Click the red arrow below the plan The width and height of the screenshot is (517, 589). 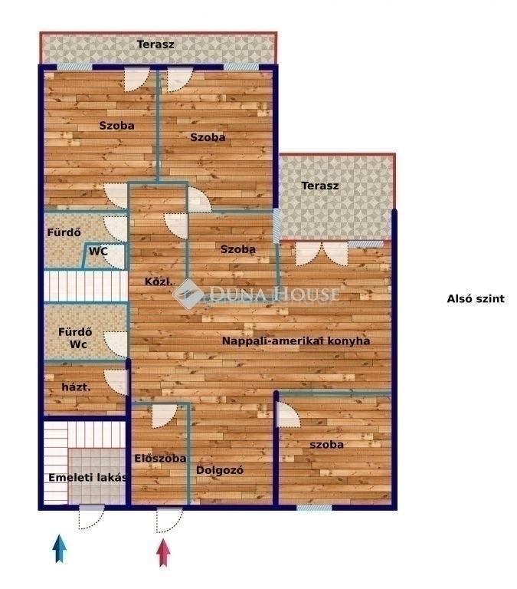tap(163, 552)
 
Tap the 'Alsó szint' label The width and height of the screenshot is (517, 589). tap(476, 299)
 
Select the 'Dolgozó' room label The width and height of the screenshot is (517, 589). tap(220, 470)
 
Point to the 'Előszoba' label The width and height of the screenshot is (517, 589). tap(160, 459)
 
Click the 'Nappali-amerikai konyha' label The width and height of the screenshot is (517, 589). tap(296, 341)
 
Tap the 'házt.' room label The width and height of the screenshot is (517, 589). tap(76, 387)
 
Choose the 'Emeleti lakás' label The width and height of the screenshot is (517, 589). tap(87, 478)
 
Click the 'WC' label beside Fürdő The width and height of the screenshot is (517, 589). tap(98, 251)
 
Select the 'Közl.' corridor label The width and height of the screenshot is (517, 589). tap(159, 281)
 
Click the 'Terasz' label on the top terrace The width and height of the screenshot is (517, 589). tap(155, 44)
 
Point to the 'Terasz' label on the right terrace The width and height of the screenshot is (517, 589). tap(320, 186)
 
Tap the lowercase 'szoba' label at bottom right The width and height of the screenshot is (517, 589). tap(326, 445)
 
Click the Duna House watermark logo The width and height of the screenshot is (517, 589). tap(257, 294)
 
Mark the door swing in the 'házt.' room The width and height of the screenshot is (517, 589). tap(116, 383)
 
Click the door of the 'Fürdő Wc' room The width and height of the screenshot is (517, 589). tap(116, 344)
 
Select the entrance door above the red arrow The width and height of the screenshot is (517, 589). tap(169, 521)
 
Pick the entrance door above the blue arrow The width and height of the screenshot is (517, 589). tap(91, 518)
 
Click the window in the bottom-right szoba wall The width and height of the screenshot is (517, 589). tap(314, 508)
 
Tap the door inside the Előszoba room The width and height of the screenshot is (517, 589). tap(164, 416)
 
